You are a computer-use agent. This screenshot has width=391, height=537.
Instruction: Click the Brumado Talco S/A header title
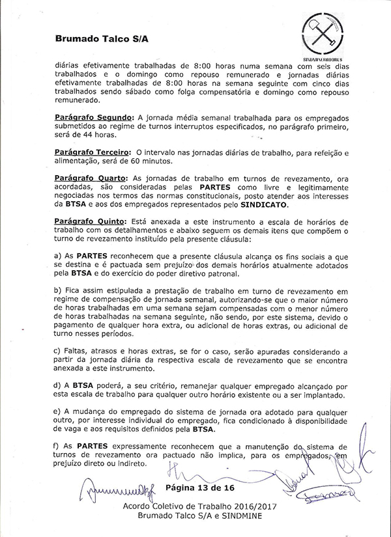click(102, 38)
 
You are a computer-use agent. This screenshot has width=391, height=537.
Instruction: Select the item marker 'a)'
click(58, 257)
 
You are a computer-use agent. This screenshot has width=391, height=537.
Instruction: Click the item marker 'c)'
click(58, 351)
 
